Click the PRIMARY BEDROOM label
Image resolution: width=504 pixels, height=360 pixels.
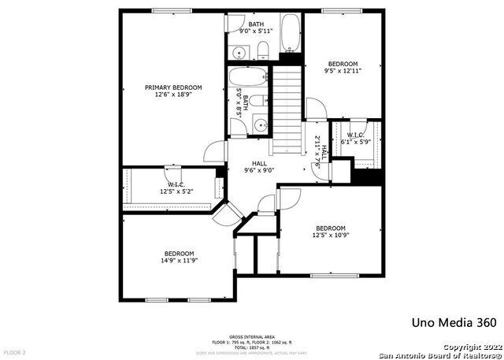[x=173, y=87]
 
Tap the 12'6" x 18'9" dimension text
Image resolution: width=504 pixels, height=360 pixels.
[x=173, y=95]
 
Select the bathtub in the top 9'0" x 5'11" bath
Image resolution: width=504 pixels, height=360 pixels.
[x=291, y=32]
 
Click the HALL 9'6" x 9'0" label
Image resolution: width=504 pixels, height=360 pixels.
[x=259, y=166]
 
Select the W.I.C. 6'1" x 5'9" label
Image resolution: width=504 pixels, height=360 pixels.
[x=355, y=139]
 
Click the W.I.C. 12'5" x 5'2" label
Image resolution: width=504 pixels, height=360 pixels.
[x=176, y=187]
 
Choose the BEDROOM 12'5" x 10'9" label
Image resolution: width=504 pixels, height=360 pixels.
[x=330, y=232]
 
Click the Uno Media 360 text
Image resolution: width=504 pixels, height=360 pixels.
[x=454, y=323]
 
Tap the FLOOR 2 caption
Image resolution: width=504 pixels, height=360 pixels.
[x=14, y=352]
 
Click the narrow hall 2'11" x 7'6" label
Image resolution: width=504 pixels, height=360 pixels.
[x=316, y=148]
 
